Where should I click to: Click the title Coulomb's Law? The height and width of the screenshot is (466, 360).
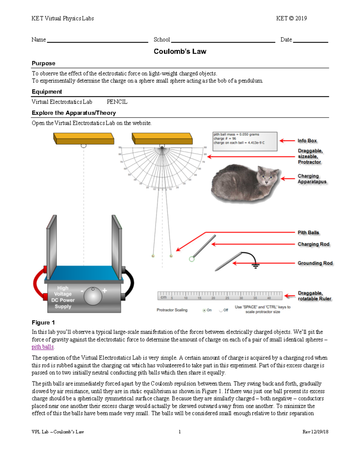point(180,51)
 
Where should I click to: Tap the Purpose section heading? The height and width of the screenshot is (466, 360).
point(43,63)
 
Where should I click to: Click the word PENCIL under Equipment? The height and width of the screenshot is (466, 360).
point(117,102)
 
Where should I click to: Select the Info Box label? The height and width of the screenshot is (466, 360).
point(307,141)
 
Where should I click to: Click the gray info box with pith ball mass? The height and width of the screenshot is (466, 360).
point(244,141)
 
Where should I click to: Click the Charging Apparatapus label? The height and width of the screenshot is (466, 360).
point(312,179)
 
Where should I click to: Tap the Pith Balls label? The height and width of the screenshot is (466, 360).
point(308,233)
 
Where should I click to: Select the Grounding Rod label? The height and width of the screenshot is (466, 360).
point(315,263)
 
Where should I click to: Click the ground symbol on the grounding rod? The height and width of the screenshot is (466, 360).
point(255,265)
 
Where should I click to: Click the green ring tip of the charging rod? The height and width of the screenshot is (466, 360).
point(192,259)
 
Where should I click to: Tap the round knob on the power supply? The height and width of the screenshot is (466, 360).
point(93,296)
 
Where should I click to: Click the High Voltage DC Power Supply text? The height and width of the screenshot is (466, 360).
point(63,297)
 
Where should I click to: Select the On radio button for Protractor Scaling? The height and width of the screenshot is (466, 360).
point(204,310)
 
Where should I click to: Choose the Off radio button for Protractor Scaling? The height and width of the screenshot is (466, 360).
point(221,310)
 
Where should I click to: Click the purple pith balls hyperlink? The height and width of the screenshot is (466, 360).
point(43,347)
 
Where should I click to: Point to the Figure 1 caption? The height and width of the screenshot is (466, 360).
point(43,323)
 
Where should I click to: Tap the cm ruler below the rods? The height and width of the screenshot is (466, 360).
point(220,296)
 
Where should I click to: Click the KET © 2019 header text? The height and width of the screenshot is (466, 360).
point(291,19)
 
